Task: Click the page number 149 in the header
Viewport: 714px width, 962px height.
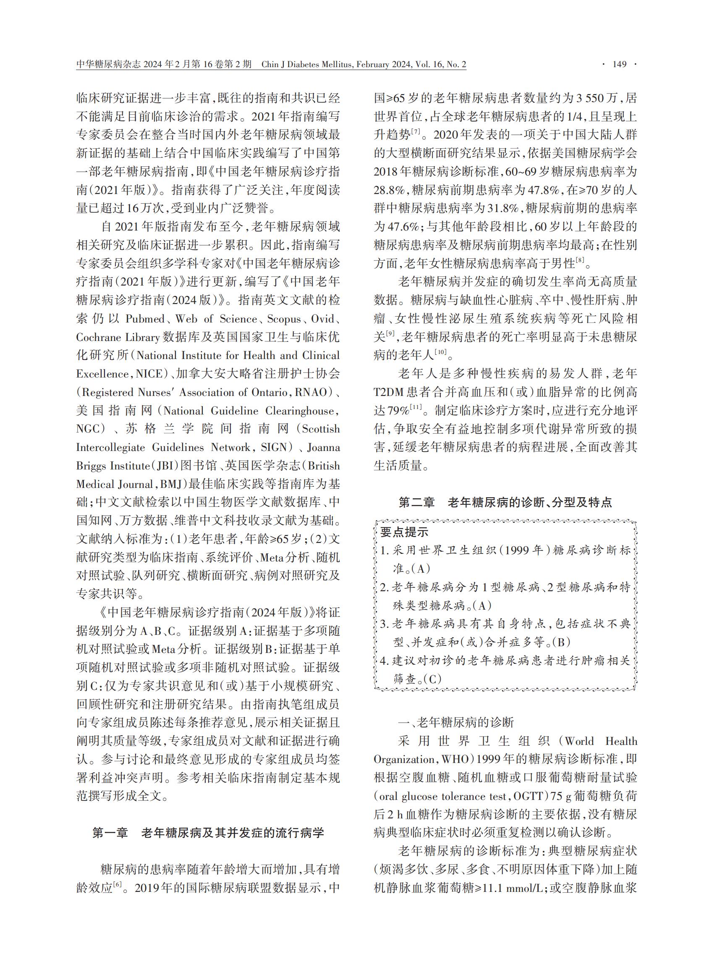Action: point(620,65)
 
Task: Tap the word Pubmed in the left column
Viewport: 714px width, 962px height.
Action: point(145,319)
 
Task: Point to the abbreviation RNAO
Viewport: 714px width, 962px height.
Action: point(311,393)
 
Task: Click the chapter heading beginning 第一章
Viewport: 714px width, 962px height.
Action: point(208,833)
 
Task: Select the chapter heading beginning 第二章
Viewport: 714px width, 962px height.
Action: point(505,502)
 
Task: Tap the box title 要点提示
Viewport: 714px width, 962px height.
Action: point(404,532)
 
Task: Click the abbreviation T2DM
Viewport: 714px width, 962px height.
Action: point(389,393)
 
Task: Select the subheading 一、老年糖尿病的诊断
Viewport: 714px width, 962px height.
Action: point(456,723)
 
